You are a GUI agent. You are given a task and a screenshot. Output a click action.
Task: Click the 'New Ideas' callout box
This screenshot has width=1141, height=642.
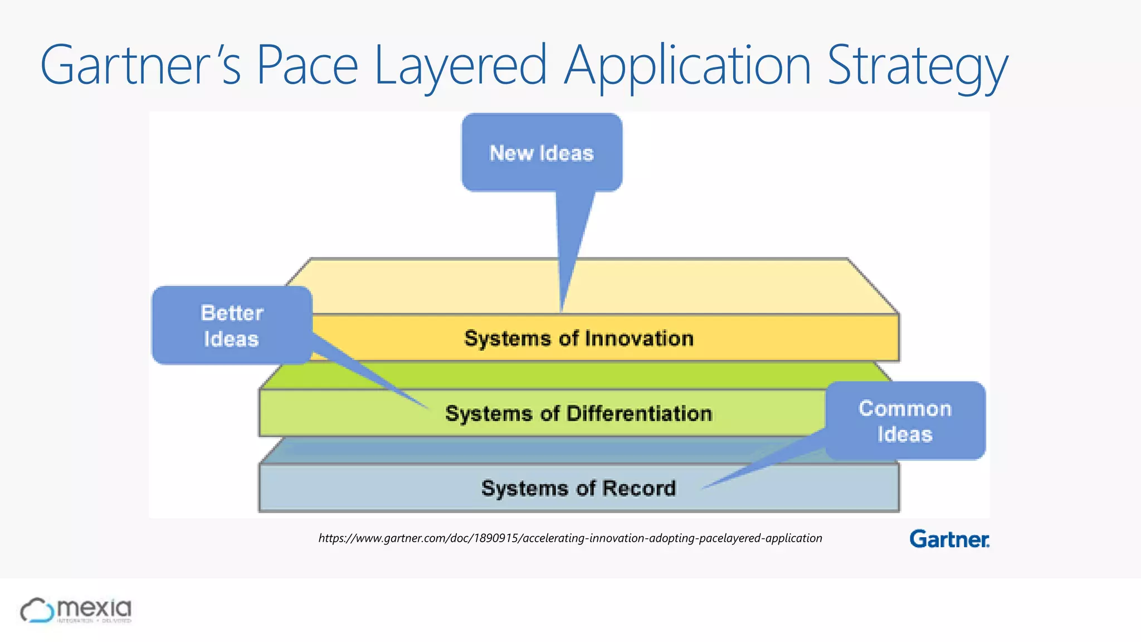point(542,153)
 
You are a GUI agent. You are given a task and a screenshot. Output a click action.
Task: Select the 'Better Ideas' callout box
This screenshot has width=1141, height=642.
point(231,325)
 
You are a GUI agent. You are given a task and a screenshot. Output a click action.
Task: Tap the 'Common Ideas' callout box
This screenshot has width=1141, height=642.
point(905,421)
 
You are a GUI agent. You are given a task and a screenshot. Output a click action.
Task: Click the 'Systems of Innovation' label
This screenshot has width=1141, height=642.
point(579,338)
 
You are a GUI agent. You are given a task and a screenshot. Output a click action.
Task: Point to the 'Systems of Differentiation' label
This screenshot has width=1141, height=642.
point(578,414)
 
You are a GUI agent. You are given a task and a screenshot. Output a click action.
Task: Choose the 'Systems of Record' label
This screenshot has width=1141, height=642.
point(578,488)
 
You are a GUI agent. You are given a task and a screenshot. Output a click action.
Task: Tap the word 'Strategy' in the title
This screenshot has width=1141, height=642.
point(918,66)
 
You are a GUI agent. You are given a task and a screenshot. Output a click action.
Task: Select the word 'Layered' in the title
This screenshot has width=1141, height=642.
point(461,66)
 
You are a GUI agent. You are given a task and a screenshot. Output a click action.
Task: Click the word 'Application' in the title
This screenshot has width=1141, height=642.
point(687,66)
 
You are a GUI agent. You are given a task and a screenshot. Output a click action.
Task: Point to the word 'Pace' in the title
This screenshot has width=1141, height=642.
point(307,66)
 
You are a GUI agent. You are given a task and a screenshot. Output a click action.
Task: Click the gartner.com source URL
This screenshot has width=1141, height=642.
point(570,538)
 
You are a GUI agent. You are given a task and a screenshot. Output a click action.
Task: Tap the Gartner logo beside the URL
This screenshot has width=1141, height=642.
point(949,539)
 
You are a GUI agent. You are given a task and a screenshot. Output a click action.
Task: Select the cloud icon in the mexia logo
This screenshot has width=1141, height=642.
point(37,610)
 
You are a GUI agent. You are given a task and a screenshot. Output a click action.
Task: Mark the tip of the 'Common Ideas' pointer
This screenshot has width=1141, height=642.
point(703,488)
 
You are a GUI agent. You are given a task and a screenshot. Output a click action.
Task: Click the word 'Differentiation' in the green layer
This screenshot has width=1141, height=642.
point(639,414)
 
